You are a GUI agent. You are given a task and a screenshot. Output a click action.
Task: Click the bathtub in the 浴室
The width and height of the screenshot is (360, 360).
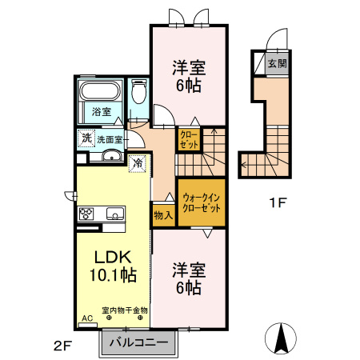point(100,91)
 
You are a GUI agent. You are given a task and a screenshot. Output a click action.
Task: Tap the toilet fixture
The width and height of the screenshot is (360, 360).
point(139,91)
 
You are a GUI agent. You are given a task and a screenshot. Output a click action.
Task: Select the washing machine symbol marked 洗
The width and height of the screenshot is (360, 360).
point(86,138)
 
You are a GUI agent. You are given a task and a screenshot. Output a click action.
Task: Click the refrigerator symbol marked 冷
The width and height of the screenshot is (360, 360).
point(138,163)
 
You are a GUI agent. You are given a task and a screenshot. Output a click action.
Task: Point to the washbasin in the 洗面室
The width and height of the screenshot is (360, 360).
point(112,156)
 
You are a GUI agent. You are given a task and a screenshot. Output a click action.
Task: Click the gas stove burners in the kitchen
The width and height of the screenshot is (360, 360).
point(86,214)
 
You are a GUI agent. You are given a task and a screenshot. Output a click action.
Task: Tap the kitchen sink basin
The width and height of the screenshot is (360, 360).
point(115,214)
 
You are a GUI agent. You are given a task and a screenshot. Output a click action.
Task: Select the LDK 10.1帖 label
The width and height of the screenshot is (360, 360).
point(113,266)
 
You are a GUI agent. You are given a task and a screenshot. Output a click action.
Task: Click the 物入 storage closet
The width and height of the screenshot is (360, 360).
point(163,215)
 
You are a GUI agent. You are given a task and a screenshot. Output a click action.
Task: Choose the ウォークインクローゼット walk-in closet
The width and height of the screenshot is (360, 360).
point(202,202)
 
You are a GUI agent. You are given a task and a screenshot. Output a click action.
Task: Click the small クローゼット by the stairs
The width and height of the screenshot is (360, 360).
point(189,139)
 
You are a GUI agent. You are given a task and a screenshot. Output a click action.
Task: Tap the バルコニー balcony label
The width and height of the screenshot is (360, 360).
point(138,342)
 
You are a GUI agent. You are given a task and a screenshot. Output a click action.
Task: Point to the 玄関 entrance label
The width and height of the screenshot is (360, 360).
point(278,63)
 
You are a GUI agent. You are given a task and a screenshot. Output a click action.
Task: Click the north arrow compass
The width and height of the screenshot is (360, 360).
point(281,337)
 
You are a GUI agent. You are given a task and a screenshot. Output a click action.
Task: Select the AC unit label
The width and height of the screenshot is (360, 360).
point(87,318)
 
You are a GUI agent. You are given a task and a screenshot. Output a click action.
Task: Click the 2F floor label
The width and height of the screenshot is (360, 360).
point(63,346)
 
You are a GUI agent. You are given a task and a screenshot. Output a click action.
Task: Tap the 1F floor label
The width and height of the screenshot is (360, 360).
point(278,203)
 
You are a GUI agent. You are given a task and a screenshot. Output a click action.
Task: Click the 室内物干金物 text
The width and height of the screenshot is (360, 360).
point(125,310)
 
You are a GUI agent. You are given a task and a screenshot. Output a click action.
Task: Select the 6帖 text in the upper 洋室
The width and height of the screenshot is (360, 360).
point(189,86)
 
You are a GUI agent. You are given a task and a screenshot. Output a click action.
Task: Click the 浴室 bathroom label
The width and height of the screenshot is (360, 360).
point(102,112)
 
